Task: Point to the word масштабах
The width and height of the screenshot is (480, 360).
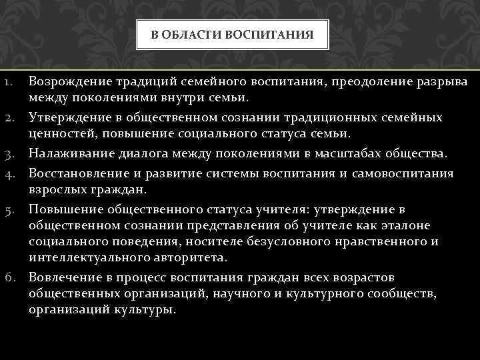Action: [343, 155]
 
